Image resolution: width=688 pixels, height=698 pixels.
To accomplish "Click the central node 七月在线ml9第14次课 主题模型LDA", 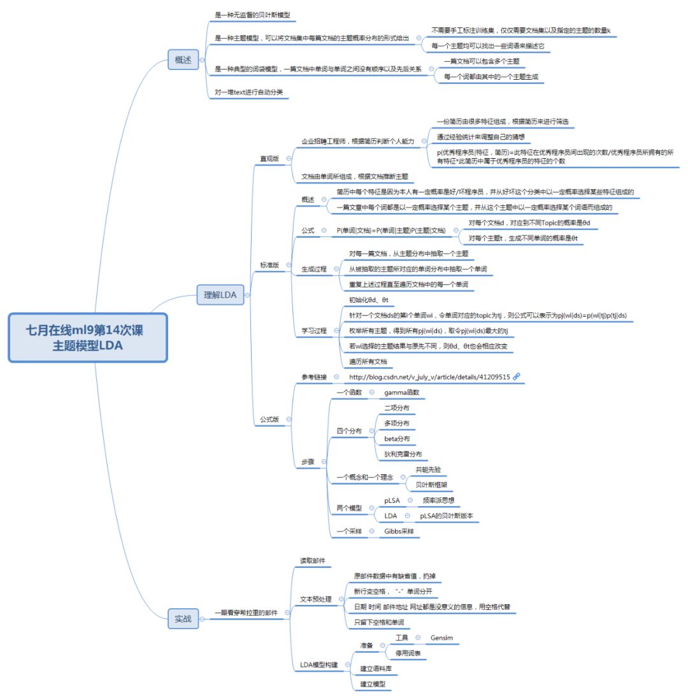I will coord(88,338).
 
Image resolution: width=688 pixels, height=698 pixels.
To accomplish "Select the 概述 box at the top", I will coord(183,60).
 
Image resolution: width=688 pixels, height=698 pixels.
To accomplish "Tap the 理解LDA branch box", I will coord(220,294).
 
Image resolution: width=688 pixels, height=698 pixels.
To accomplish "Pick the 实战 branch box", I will coord(183,618).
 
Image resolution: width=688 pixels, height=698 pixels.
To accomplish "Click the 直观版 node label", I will coord(269,158).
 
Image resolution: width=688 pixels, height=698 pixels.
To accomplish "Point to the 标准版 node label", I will coord(269,265).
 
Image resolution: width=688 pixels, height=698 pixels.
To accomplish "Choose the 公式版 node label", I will coord(269,419).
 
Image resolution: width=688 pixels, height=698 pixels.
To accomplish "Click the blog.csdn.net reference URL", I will coord(429,377).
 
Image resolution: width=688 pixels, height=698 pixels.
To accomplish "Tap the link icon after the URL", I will coord(517,376).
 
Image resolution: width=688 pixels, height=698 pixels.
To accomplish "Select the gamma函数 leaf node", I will coord(401,392).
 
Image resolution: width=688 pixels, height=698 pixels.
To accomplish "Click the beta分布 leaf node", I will coord(397,439).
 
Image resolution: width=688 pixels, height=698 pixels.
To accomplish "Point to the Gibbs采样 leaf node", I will coord(399,530).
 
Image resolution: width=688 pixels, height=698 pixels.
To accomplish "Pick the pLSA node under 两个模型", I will coord(392,500).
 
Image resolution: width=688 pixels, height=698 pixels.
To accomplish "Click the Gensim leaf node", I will coord(441,637).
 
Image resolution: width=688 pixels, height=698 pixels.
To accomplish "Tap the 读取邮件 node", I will coord(312,561).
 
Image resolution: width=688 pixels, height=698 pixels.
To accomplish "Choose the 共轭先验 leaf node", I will coord(427,469).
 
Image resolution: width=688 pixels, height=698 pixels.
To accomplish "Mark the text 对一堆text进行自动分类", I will coord(248,92).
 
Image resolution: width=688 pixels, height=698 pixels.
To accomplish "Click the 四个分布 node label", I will coord(348,431).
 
